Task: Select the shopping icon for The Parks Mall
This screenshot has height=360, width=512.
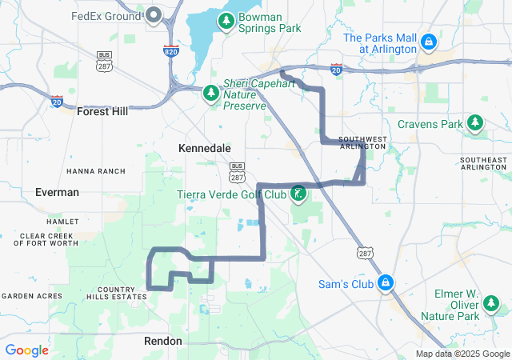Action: tap(429, 41)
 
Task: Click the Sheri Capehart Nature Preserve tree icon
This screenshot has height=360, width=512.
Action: tap(211, 94)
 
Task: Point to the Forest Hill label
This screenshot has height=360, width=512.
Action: tap(102, 112)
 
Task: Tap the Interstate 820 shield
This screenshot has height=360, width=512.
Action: tap(170, 50)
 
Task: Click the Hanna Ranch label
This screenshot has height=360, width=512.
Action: tap(96, 171)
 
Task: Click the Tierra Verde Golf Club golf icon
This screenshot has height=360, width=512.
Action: tap(298, 194)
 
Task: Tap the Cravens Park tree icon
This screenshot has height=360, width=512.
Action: tap(476, 123)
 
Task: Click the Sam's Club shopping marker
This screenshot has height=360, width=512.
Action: tap(386, 283)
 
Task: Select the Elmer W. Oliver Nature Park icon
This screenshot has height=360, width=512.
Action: tap(490, 304)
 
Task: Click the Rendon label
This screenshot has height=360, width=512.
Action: tap(163, 341)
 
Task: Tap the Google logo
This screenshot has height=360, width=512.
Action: tap(26, 350)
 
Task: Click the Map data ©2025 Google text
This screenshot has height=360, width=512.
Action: tap(462, 354)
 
